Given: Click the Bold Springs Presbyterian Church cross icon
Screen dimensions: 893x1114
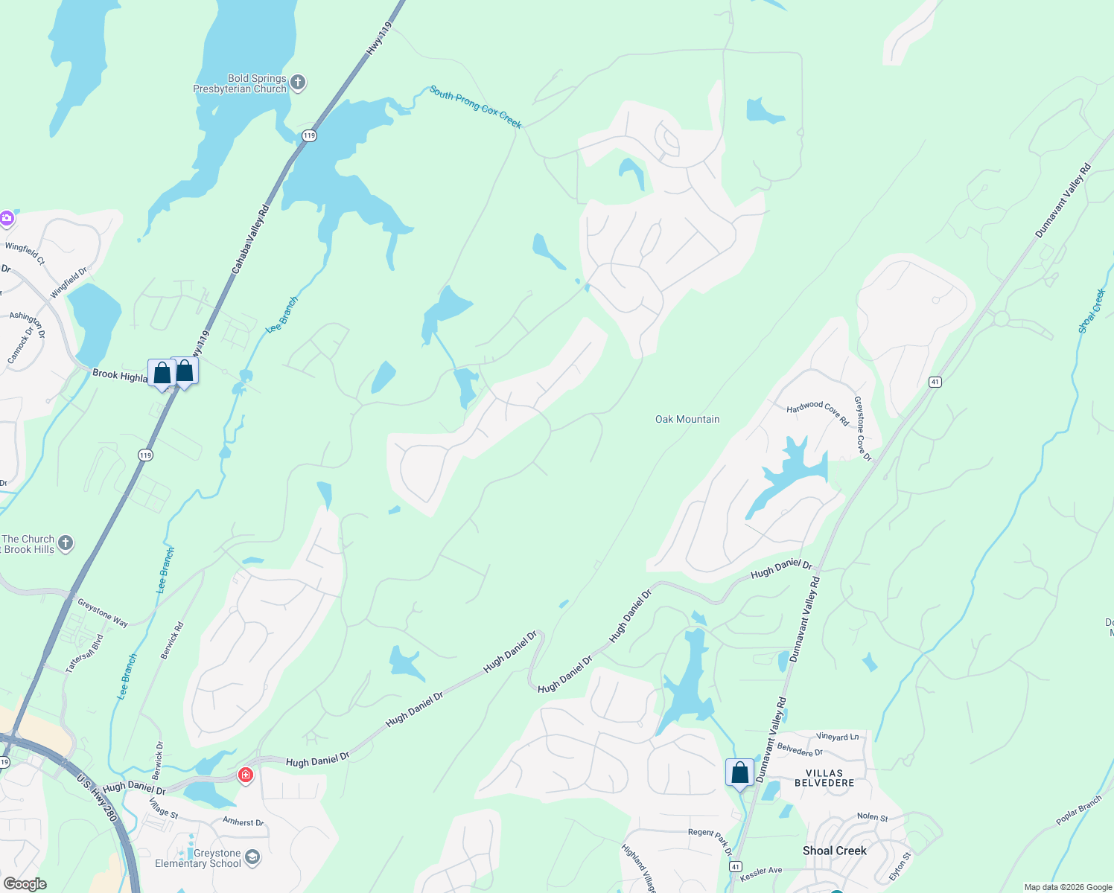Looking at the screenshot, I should [x=298, y=83].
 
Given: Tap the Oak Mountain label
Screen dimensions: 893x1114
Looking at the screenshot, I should [x=687, y=420].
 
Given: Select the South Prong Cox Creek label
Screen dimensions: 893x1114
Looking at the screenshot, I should [x=475, y=106].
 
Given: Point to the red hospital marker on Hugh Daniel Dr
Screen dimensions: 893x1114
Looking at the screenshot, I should [x=246, y=775].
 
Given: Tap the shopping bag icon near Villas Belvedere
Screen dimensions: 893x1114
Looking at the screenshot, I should [x=739, y=772].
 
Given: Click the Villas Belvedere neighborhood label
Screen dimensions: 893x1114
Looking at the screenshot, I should [x=824, y=778].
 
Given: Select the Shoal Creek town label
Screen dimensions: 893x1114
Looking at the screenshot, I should [x=835, y=851].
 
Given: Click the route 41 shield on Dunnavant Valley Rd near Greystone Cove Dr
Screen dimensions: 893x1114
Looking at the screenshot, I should [x=935, y=382].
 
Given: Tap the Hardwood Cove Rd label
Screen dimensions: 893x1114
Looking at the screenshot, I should [x=818, y=412].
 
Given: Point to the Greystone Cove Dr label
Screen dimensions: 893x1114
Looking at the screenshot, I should [x=862, y=429].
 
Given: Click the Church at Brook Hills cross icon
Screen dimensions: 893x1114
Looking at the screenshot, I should [x=66, y=543].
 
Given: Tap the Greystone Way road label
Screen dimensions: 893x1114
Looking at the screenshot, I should [x=103, y=613].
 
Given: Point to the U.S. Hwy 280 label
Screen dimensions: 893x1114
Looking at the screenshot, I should [x=98, y=798].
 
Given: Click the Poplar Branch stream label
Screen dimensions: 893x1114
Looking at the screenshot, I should [x=1078, y=810].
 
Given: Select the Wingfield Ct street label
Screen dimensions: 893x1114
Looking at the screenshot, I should [x=25, y=253].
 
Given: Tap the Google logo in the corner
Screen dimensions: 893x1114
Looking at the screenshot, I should [x=25, y=884].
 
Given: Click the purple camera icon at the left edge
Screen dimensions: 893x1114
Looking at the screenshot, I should [x=7, y=218].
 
